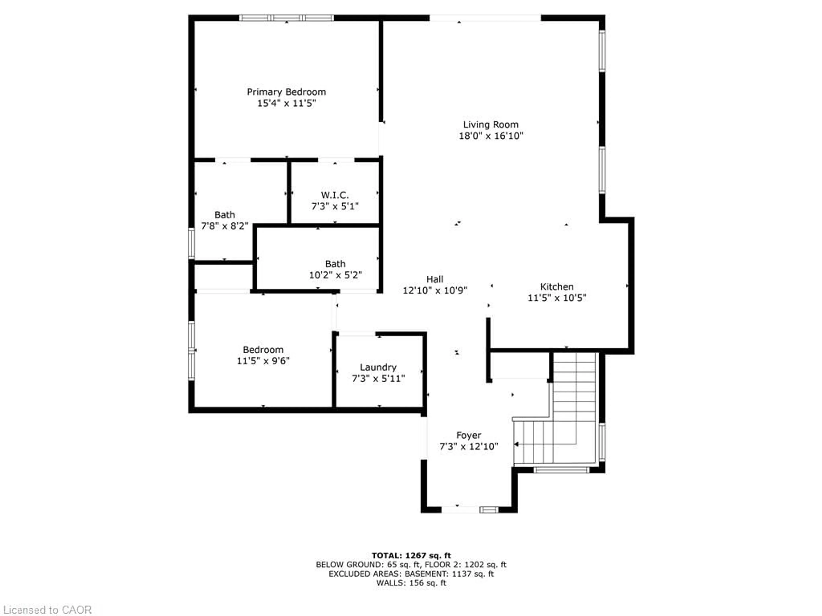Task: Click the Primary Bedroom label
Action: (x=286, y=92)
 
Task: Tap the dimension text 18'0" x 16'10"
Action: (x=491, y=136)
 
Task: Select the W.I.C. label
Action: (x=335, y=195)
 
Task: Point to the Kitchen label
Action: (x=557, y=287)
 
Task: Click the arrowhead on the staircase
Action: (x=516, y=444)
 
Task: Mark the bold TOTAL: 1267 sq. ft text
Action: (x=411, y=555)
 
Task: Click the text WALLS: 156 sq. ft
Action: (x=411, y=583)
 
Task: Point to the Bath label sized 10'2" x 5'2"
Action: (x=335, y=264)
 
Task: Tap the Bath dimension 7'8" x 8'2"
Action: (x=225, y=226)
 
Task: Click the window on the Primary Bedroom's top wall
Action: (x=286, y=18)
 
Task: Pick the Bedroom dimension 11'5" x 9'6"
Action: (x=263, y=361)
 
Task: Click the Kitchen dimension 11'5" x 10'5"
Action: (x=557, y=298)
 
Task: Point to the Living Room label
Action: (x=491, y=125)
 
